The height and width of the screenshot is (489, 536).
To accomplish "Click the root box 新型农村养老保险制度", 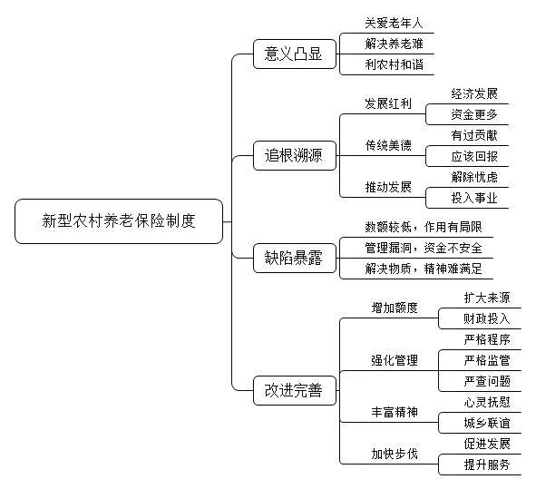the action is click(119, 221).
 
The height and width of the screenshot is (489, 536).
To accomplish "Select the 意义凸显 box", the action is click(295, 54).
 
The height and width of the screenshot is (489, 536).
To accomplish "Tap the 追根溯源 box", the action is click(295, 156).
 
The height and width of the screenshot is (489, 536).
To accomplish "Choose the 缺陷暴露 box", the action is click(295, 259).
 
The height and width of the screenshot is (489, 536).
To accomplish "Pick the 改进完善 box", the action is click(295, 390).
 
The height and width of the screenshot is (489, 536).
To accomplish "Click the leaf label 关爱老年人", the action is click(394, 23).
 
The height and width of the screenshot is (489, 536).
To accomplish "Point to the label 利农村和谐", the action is click(394, 64).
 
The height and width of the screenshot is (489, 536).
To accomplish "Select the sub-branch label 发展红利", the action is click(388, 103).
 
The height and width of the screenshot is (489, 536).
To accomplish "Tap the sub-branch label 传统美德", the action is click(388, 145).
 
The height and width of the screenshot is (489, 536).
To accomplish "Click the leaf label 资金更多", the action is click(474, 114).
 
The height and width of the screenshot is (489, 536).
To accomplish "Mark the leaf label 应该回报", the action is click(474, 156).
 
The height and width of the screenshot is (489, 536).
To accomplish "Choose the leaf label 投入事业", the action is click(474, 198).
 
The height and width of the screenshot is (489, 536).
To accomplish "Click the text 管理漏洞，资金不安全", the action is click(424, 248).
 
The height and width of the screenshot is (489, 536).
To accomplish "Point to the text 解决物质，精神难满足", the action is click(424, 269).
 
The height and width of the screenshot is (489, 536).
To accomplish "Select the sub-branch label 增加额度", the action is click(395, 308).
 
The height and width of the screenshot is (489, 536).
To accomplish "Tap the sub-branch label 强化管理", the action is click(395, 360).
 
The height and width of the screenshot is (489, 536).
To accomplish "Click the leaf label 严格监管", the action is click(487, 360).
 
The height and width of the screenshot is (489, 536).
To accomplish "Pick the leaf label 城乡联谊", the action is click(487, 423).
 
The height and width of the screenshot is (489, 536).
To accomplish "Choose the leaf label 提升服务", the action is click(487, 465).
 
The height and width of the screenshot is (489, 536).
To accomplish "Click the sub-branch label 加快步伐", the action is click(395, 454).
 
